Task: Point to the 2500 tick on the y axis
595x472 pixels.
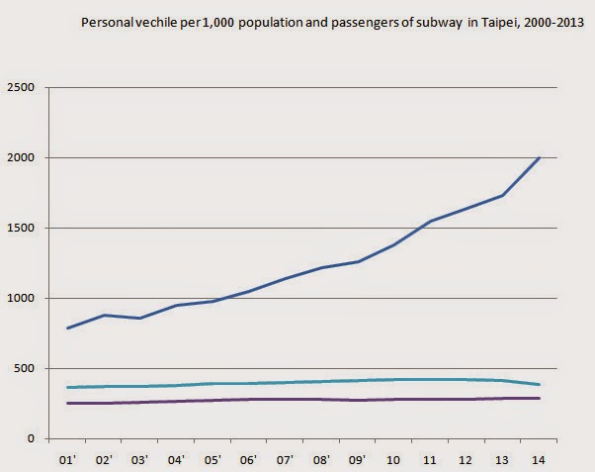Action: pos(22,88)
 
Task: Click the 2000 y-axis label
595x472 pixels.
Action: pos(22,158)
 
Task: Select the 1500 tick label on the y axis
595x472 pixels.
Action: pos(22,229)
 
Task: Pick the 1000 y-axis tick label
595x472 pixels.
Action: pos(22,299)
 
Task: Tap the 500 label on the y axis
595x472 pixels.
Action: pos(25,369)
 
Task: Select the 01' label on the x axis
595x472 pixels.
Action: pos(68,460)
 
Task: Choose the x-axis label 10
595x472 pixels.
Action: pos(393,460)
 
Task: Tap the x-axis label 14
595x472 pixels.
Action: pos(538,460)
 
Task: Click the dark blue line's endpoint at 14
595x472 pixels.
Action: pos(539,157)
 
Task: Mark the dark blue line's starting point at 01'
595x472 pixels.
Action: pos(68,328)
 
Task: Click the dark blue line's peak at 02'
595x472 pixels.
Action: pos(104,315)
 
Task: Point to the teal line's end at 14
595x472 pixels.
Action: pos(539,384)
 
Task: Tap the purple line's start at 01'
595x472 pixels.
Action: pos(68,403)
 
